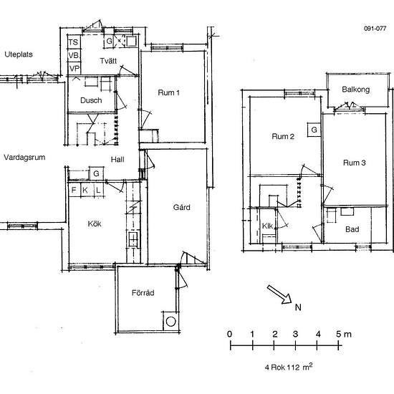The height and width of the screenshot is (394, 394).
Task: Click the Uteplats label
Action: (19, 54)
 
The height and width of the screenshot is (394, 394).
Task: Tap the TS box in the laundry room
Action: (74, 42)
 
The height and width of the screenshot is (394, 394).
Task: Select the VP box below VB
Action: (74, 68)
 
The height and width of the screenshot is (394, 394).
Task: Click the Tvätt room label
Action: (109, 60)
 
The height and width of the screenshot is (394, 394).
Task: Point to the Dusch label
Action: (91, 100)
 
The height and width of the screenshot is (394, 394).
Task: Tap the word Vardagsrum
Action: (24, 157)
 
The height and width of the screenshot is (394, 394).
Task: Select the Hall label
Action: (118, 160)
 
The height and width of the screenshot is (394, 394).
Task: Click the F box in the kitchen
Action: (74, 190)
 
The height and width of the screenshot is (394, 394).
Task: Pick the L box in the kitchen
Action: (97, 190)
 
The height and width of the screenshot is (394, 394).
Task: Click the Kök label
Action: (95, 224)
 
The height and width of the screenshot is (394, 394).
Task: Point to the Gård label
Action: (181, 208)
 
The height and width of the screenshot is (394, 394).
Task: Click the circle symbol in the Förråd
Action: (171, 322)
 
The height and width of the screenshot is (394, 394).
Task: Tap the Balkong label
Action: (355, 90)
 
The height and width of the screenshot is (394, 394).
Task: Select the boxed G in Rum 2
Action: (314, 130)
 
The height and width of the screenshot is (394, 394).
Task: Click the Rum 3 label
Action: (355, 163)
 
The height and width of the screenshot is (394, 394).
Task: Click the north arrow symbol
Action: (278, 294)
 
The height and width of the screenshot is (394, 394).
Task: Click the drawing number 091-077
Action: (375, 29)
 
